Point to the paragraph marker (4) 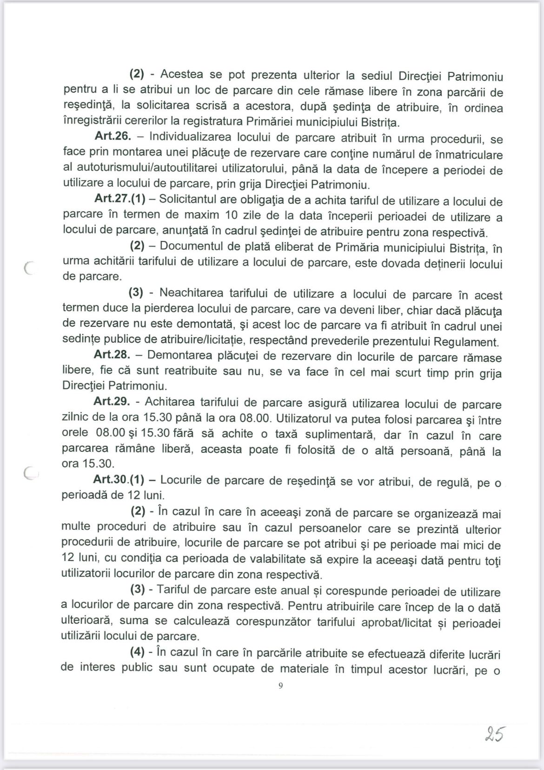[138, 653]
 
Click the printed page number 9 [280, 685]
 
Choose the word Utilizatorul [306, 419]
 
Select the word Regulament [466, 342]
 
